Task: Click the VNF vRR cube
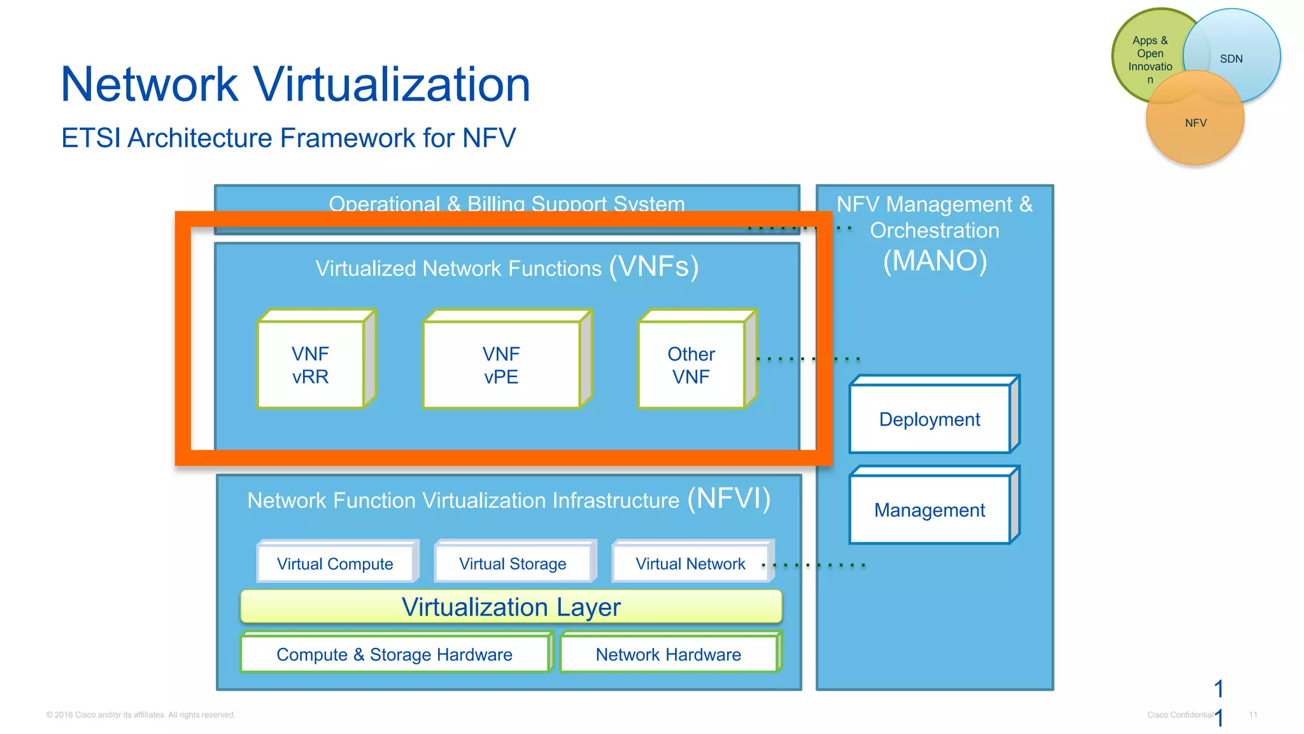point(311,364)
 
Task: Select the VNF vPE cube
point(502,364)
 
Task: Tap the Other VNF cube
point(691,364)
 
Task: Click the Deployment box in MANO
point(930,419)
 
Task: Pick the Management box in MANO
point(930,510)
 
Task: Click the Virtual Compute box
point(335,563)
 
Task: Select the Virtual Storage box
point(513,563)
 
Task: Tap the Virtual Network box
point(690,563)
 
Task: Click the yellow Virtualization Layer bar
point(511,607)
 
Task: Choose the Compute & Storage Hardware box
point(395,654)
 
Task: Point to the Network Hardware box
point(669,654)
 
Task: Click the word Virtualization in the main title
point(391,84)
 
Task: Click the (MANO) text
point(935,261)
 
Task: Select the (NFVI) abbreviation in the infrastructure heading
point(729,498)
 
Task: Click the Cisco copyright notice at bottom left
point(141,715)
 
